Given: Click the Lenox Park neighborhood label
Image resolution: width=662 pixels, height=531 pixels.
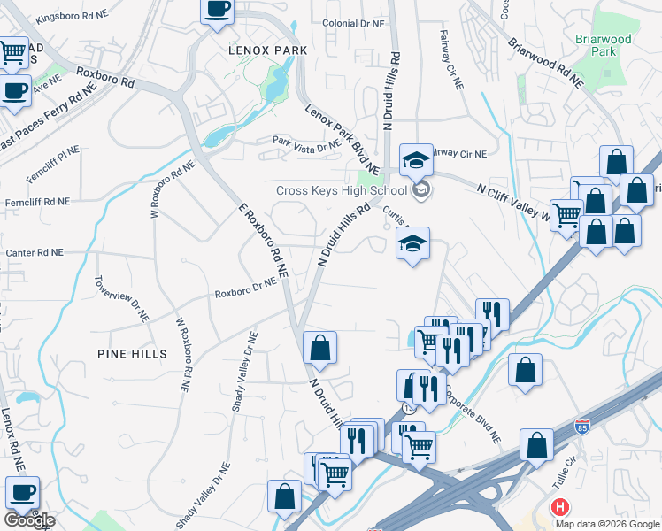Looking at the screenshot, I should point(267,50).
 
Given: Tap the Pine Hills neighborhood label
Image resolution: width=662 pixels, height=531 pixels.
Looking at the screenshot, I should point(132,353).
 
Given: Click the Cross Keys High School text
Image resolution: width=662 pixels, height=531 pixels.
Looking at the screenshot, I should point(342,190).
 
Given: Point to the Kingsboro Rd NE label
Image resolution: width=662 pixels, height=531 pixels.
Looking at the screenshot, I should point(76,16).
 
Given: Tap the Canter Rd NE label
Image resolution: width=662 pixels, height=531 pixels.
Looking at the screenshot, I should point(35,253).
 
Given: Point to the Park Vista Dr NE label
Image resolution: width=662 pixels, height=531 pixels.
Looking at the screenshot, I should point(306,142).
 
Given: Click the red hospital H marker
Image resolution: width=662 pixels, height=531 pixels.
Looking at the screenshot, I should point(560,508).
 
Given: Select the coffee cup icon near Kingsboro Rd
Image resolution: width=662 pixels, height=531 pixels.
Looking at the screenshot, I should point(217,11).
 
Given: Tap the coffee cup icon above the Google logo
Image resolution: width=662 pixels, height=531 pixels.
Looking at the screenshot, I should point(21,491).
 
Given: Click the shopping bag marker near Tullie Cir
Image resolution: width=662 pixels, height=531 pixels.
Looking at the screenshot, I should point(536,444).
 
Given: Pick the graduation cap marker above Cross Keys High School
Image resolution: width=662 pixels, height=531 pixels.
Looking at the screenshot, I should point(416,159).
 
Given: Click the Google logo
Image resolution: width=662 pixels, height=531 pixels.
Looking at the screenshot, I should point(28,520).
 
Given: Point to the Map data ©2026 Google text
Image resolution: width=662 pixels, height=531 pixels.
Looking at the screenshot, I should point(608,524).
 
